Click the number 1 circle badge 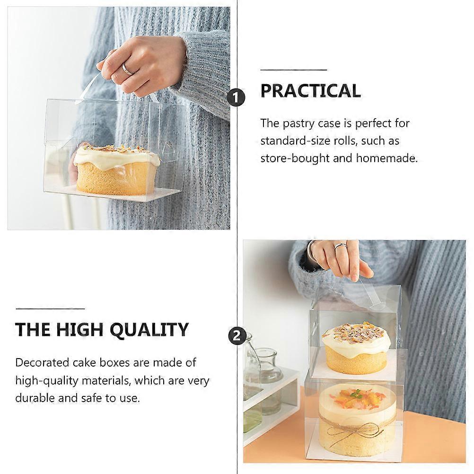click(x=236, y=97)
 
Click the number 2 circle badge click(x=237, y=335)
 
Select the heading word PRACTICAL click(x=310, y=91)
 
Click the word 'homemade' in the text click(x=386, y=158)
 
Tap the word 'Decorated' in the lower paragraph click(x=42, y=362)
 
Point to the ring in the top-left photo click(x=127, y=69)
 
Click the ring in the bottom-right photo click(x=340, y=246)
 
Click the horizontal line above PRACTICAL click(x=293, y=70)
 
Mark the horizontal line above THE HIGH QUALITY click(x=50, y=308)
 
